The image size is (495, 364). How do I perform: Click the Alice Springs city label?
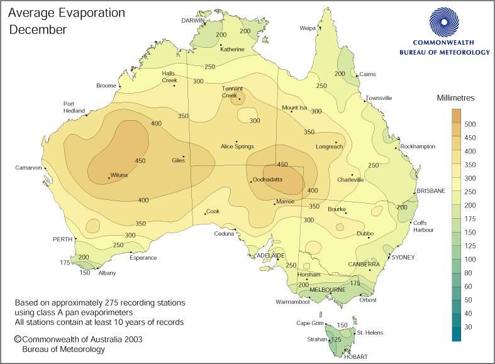pyautogui.click(x=236, y=147)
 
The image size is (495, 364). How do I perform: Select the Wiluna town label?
pyautogui.click(x=120, y=177)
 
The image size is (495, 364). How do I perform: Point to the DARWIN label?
pyautogui.click(x=194, y=20)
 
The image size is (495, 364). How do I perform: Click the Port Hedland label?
pyautogui.click(x=73, y=107)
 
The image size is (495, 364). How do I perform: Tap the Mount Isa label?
pyautogui.click(x=294, y=108)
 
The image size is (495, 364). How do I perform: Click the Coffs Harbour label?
pyautogui.click(x=423, y=226)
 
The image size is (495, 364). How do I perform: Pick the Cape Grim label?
pyautogui.click(x=309, y=323)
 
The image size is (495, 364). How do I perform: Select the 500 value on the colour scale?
pyautogui.click(x=470, y=124)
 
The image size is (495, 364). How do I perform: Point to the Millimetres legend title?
pyautogui.click(x=459, y=98)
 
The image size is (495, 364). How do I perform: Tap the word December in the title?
pyautogui.click(x=38, y=30)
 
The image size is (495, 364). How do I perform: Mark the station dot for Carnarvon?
pyautogui.click(x=45, y=168)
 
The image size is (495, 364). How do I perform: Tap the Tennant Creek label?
pyautogui.click(x=232, y=92)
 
